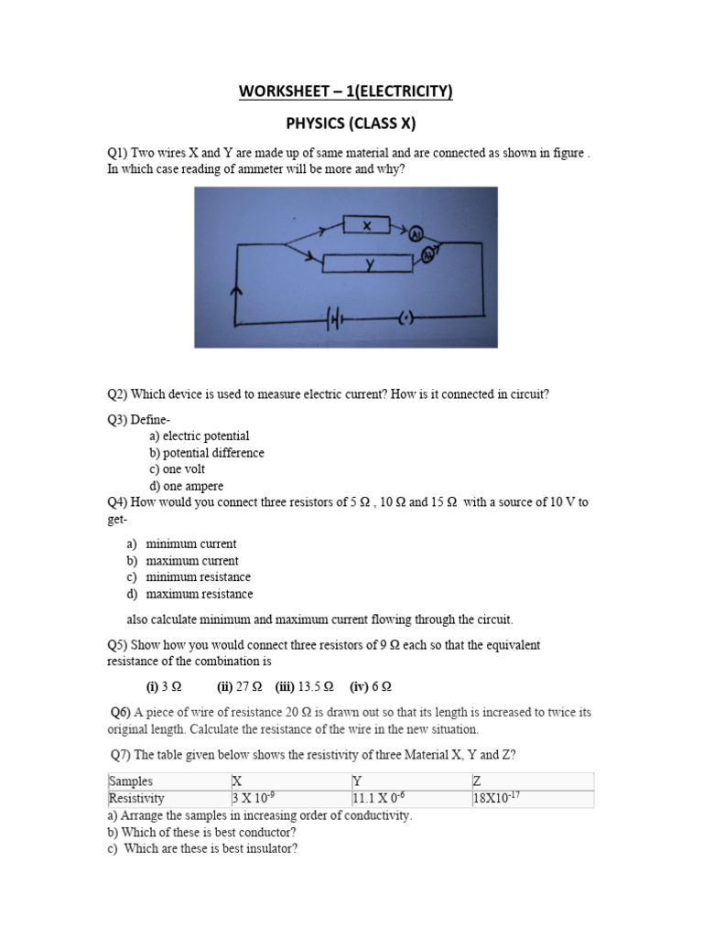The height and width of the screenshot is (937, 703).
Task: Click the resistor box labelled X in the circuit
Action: [365, 225]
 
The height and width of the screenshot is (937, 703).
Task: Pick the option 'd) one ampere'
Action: [187, 486]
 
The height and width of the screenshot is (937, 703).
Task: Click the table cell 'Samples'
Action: [131, 781]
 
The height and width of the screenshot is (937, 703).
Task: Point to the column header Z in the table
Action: [477, 781]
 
